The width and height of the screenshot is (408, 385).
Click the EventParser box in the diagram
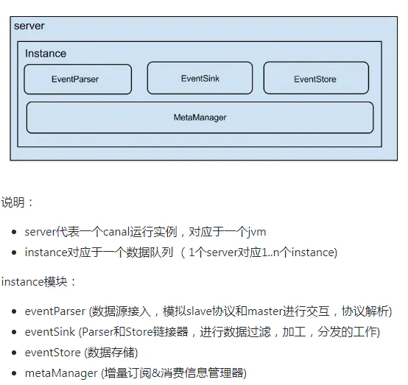78,79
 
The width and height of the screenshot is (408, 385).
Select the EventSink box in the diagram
200,78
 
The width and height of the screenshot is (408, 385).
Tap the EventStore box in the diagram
316,78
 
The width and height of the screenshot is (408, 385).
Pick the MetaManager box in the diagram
200,118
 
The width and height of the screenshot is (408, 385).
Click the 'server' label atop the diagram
29,26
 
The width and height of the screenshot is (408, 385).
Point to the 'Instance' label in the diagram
46,53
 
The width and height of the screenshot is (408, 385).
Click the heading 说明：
17,202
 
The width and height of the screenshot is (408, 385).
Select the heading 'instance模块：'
38,282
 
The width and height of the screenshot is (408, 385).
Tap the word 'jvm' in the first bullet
256,233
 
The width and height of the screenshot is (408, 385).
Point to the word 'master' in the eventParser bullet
265,311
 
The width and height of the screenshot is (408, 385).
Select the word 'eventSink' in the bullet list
50,332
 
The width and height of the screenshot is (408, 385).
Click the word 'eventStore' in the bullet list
53,353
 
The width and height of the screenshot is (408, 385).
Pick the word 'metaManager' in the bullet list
61,373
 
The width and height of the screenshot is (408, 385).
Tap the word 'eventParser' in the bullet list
55,311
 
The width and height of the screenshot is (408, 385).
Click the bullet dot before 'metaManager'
14,373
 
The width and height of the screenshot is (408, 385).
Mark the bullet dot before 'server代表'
14,232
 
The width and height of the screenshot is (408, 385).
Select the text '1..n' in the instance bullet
273,252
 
